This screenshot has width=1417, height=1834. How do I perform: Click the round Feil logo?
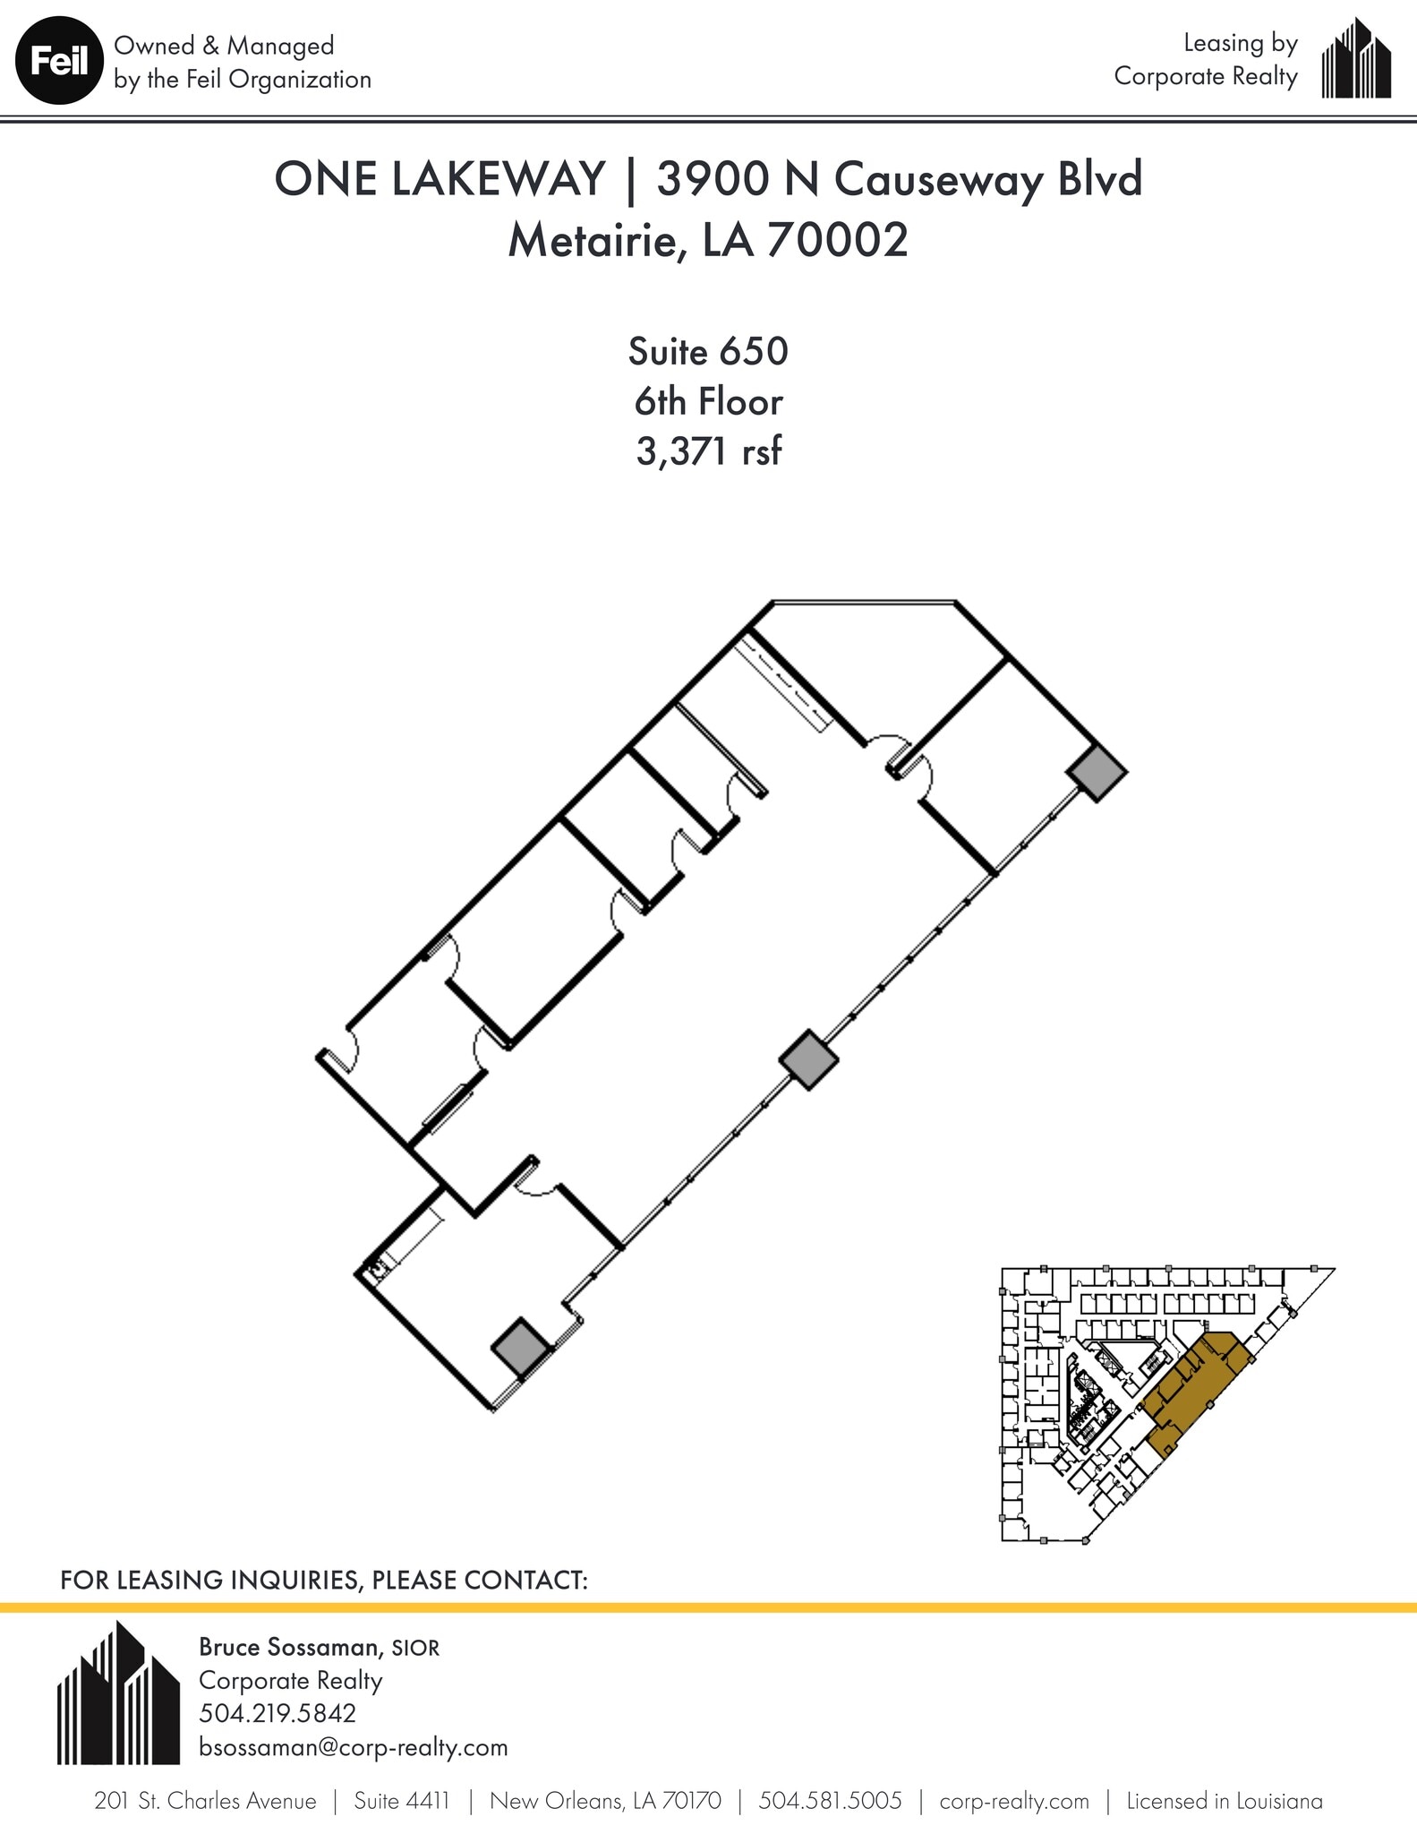pos(58,61)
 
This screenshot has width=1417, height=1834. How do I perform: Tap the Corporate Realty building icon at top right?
pos(1356,59)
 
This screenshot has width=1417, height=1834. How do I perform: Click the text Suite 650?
pos(707,351)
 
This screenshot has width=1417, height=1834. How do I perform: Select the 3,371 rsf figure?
pos(708,451)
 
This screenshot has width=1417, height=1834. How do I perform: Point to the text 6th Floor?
pos(708,401)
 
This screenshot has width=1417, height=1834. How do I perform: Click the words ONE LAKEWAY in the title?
pos(440,179)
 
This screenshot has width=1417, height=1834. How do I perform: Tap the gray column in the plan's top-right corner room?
pos(1098,774)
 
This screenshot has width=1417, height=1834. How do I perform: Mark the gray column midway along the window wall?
pos(808,1059)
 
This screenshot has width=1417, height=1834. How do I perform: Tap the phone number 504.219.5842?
pos(277,1713)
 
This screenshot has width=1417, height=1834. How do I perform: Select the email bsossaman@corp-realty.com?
pos(353,1747)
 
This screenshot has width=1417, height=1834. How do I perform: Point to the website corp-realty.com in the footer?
pos(1014,1801)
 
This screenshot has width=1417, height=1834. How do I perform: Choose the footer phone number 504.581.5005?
pos(830,1801)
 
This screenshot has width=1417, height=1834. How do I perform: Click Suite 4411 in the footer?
pos(401,1801)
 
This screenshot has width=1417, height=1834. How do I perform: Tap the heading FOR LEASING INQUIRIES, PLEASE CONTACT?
pos(323,1580)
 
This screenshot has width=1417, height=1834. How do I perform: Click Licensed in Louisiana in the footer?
pos(1224,1801)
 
